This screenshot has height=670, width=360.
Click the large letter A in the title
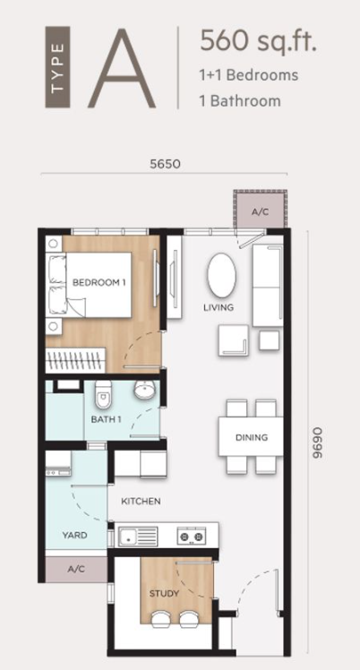pyautogui.click(x=122, y=68)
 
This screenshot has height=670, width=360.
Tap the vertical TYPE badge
pyautogui.click(x=57, y=67)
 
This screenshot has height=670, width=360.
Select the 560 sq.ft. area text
pyautogui.click(x=259, y=41)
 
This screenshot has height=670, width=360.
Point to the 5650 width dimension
pyautogui.click(x=165, y=164)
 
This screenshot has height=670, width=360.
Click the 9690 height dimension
pyautogui.click(x=316, y=442)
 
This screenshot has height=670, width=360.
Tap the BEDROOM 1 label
pyautogui.click(x=99, y=282)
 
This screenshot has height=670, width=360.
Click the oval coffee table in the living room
pyautogui.click(x=221, y=275)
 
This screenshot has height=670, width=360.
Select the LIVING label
pyautogui.click(x=219, y=307)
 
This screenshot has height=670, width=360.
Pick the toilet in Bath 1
pyautogui.click(x=103, y=394)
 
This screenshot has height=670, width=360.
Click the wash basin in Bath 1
pyautogui.click(x=144, y=389)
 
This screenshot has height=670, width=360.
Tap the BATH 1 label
pyautogui.click(x=106, y=419)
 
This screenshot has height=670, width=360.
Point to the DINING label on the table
pyautogui.click(x=252, y=437)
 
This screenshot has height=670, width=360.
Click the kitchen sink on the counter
pyautogui.click(x=138, y=537)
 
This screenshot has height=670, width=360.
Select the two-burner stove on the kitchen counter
pyautogui.click(x=192, y=536)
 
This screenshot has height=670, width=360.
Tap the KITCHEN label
pyautogui.click(x=141, y=502)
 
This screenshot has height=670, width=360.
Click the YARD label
pyautogui.click(x=74, y=535)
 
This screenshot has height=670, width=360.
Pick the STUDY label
pyautogui.click(x=164, y=594)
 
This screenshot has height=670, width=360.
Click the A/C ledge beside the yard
pyautogui.click(x=76, y=569)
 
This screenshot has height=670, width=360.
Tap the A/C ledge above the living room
pyautogui.click(x=260, y=212)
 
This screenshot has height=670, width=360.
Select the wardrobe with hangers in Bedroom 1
pyautogui.click(x=75, y=360)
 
